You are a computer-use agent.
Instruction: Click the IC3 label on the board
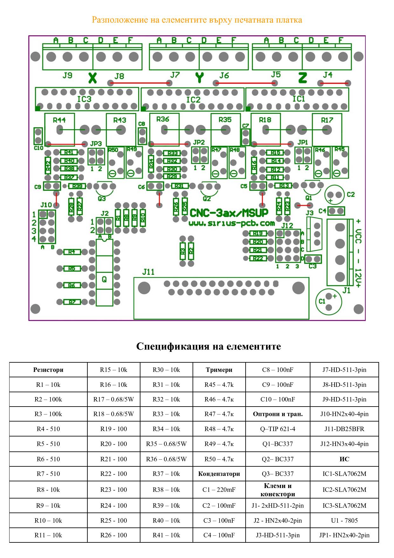click(84, 99)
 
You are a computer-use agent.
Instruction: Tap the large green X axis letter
click(92, 78)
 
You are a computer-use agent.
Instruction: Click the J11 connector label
click(148, 272)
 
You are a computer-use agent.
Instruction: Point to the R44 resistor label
click(59, 120)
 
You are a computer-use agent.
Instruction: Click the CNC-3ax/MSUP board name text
click(229, 213)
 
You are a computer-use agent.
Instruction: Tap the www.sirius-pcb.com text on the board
click(232, 223)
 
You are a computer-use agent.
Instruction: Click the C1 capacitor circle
click(329, 301)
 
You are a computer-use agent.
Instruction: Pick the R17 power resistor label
click(327, 120)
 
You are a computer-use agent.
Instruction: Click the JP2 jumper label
click(199, 142)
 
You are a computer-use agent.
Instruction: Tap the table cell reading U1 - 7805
click(344, 520)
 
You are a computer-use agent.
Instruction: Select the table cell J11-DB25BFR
click(344, 429)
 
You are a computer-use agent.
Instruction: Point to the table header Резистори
click(48, 370)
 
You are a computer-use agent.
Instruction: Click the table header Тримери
click(219, 370)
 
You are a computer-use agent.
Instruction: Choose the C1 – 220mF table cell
click(219, 490)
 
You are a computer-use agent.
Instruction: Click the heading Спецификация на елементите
click(208, 346)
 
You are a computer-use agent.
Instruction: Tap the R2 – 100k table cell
click(48, 399)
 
